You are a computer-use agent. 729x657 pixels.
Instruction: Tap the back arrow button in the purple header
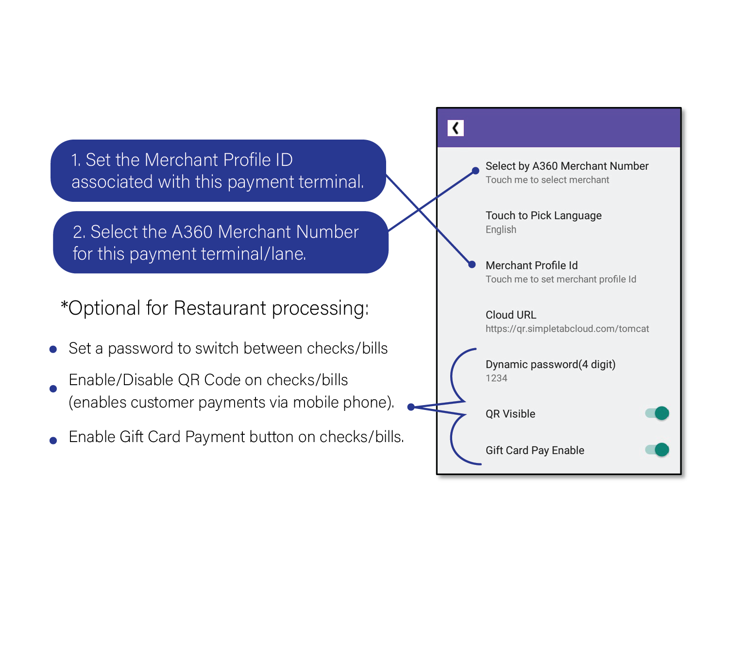[x=456, y=128]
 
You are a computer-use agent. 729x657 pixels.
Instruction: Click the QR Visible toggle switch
[x=657, y=413]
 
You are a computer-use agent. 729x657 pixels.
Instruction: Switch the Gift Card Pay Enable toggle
[x=657, y=449]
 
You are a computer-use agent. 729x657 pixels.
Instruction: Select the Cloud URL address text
[x=567, y=329]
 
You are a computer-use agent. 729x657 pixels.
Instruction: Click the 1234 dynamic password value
[x=496, y=378]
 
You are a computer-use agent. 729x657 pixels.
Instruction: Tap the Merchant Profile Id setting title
[x=532, y=266]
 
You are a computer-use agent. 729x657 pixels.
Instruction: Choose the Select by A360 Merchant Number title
[x=567, y=166]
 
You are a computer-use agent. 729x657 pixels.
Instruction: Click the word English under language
[x=501, y=230]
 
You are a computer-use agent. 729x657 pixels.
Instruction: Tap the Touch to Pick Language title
[x=543, y=215]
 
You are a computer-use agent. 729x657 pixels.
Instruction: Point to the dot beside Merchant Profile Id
[x=472, y=265]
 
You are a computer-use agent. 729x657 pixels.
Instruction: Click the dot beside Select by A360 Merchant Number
[x=475, y=170]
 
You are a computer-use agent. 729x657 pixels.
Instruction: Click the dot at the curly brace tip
[x=411, y=407]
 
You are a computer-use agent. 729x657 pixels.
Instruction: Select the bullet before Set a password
[x=53, y=350]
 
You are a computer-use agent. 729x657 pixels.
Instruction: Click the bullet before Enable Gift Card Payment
[x=53, y=441]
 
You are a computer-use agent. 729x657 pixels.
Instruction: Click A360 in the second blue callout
[x=192, y=232]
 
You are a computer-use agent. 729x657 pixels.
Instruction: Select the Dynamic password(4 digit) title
[x=551, y=364]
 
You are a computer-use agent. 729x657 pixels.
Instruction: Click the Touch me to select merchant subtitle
[x=547, y=180]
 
